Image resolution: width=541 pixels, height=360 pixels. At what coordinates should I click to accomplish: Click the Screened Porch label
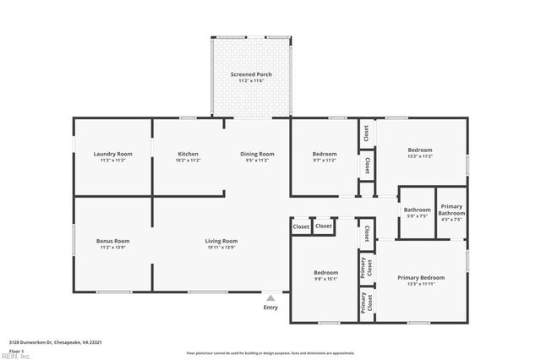(x=251, y=74)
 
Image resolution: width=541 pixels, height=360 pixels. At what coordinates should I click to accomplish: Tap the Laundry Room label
(x=112, y=154)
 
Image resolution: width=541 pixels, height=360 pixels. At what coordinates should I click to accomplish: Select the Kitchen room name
(x=188, y=154)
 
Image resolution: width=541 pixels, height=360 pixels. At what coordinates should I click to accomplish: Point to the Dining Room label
(x=257, y=154)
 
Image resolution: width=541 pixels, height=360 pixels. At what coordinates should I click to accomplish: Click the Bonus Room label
(x=112, y=241)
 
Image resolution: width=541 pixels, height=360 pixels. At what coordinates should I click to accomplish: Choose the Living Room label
(x=221, y=241)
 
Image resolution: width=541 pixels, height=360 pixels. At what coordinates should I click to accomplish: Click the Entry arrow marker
(x=270, y=297)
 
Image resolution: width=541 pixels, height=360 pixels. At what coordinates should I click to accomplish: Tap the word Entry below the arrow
(x=270, y=307)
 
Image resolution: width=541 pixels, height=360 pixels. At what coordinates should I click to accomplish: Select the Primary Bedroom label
(x=420, y=277)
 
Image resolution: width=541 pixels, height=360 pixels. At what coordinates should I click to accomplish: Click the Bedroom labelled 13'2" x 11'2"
(x=420, y=150)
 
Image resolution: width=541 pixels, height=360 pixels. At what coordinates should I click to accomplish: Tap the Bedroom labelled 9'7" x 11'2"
(x=325, y=154)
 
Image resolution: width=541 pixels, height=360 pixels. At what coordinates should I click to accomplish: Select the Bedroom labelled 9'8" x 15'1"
(x=325, y=273)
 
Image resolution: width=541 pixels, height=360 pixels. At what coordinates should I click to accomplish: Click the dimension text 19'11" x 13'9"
(x=221, y=247)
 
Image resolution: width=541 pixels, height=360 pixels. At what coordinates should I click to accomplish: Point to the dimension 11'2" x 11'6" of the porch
(x=251, y=80)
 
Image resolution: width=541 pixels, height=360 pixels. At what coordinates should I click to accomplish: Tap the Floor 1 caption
(x=16, y=349)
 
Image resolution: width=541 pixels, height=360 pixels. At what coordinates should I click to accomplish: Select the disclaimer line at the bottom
(x=270, y=352)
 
